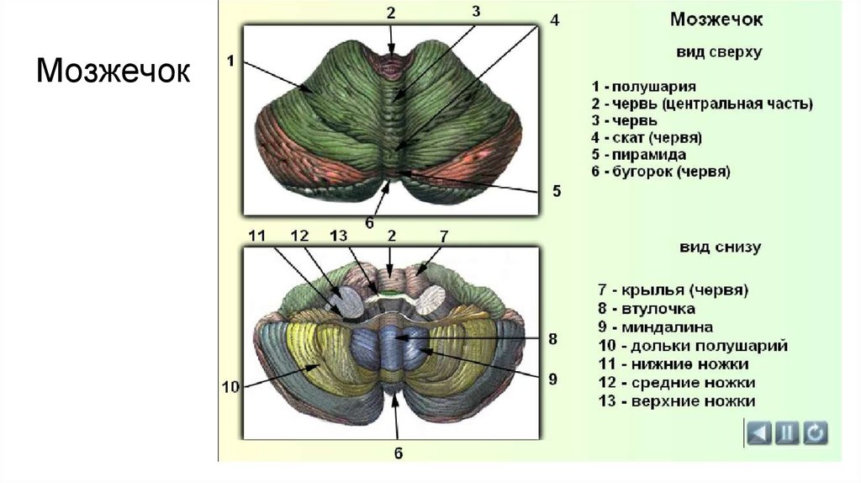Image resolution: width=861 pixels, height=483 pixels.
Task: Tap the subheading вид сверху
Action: tap(719, 52)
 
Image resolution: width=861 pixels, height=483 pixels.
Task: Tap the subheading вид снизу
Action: tap(719, 247)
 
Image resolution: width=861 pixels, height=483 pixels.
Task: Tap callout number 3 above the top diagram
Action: tap(475, 11)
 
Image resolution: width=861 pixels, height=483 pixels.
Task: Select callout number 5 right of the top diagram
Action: tap(556, 191)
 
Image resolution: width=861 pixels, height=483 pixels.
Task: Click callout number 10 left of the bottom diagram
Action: tap(231, 388)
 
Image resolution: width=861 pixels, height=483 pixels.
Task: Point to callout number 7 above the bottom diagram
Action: tap(443, 236)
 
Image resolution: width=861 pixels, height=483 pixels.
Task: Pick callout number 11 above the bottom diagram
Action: tap(256, 236)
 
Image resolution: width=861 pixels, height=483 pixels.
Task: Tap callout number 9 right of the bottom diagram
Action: tap(552, 379)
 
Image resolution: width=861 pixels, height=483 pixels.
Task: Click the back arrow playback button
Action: tap(759, 433)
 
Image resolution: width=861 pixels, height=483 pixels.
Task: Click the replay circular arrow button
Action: tap(814, 433)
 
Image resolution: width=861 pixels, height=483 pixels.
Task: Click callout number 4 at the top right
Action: tap(554, 19)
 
